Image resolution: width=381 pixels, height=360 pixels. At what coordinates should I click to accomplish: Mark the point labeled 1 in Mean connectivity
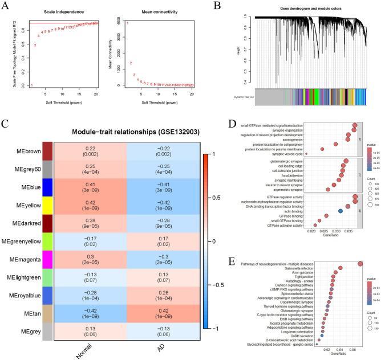pyautogui.click(x=127, y=23)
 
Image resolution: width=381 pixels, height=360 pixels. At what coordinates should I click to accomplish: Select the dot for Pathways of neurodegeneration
pyautogui.click(x=359, y=264)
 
